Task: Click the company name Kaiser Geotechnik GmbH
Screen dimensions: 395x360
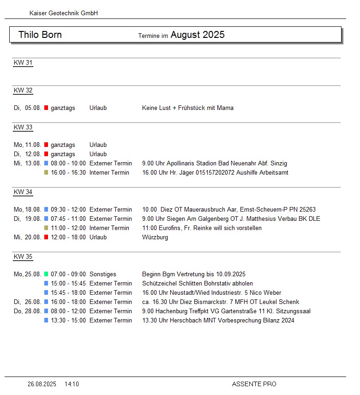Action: [64, 13]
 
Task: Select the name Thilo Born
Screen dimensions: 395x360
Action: [40, 35]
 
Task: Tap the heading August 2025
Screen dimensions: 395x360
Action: [198, 35]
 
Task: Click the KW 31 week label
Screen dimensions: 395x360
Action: [23, 63]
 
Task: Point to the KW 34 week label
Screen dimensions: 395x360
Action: [23, 192]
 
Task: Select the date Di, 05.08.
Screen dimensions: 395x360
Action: [28, 108]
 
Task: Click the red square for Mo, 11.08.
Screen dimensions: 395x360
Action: [46, 145]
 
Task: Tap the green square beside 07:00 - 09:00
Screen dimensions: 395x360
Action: [46, 274]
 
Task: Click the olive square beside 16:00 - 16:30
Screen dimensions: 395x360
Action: [46, 173]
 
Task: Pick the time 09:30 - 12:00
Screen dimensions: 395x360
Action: [68, 210]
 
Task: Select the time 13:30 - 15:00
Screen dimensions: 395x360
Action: [68, 321]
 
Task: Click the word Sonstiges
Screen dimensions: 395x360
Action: [103, 274]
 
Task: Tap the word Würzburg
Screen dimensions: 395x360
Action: [155, 237]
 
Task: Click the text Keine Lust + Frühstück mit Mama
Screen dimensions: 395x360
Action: [188, 108]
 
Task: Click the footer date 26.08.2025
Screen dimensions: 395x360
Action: [42, 384]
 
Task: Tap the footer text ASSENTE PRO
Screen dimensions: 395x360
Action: [254, 384]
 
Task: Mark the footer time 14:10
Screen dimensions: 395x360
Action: [72, 384]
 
